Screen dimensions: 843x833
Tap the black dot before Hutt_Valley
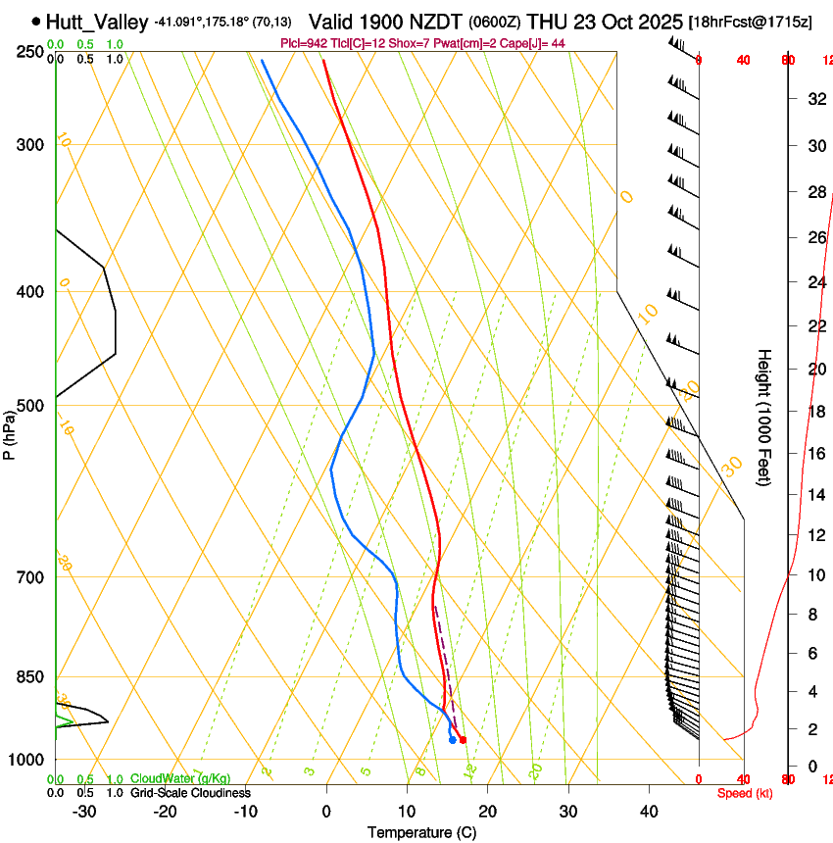36,21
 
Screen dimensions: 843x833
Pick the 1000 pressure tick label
27,760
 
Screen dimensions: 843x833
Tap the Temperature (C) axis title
421,832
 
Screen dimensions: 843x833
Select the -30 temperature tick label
84,812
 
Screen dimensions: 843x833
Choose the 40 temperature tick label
649,812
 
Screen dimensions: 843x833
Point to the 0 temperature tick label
326,812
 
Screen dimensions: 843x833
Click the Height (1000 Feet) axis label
765,417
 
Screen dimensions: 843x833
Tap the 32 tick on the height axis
815,99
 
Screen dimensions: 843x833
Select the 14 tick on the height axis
815,494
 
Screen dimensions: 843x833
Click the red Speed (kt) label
745,793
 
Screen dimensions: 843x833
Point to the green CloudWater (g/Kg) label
180,779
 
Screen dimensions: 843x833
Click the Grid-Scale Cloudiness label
190,792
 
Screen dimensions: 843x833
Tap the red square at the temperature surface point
463,739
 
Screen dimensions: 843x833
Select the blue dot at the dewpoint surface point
452,740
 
